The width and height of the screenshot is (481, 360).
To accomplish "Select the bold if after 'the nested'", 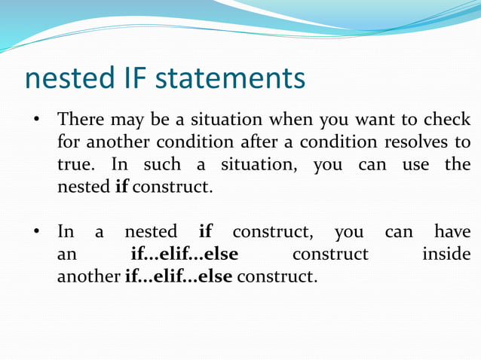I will tap(121, 186).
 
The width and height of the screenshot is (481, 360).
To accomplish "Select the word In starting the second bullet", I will tap(66, 231).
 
